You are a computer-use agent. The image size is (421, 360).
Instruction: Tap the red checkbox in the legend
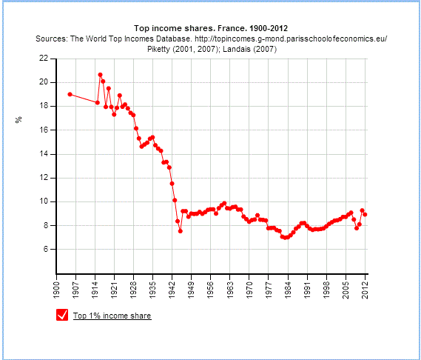tap(63, 316)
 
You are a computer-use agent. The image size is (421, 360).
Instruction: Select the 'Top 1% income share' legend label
tap(112, 316)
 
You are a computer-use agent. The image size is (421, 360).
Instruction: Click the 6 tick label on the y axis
tap(46, 250)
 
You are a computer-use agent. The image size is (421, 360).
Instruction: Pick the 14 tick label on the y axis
tap(44, 154)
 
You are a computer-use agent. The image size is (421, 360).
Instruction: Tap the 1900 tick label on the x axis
tap(57, 286)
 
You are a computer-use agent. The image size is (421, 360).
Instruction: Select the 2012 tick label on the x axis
tap(365, 286)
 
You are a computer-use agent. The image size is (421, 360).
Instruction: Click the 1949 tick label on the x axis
tap(192, 286)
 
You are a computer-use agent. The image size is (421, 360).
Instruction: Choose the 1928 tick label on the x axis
tap(134, 286)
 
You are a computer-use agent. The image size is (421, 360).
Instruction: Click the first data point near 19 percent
tap(70, 94)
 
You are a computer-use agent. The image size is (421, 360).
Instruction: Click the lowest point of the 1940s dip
tap(181, 231)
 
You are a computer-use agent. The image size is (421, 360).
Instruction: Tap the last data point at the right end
tap(365, 215)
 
